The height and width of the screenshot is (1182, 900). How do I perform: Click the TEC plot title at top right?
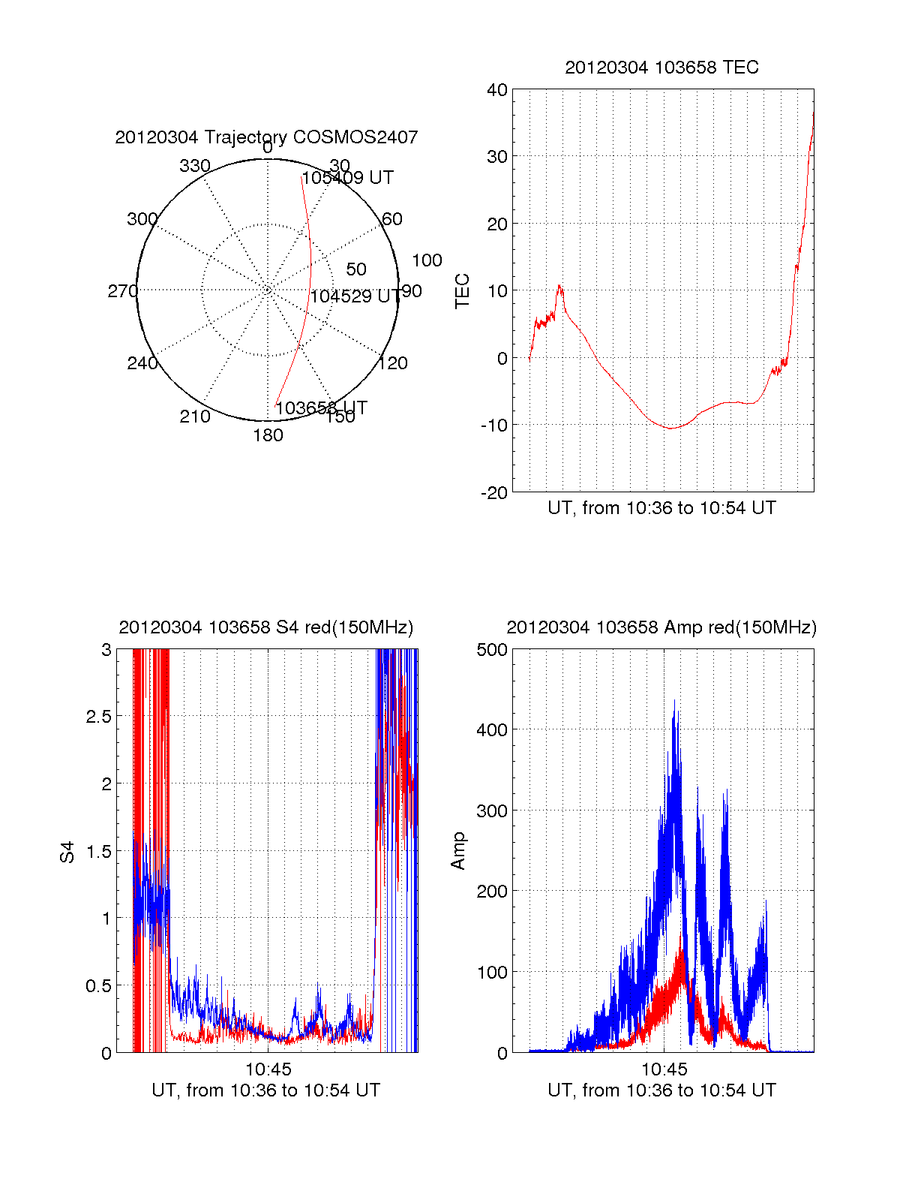661,68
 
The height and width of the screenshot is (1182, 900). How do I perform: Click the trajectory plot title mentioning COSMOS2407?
266,137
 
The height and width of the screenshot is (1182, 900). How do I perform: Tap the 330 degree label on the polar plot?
195,166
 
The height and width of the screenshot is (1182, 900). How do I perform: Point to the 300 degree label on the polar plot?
142,219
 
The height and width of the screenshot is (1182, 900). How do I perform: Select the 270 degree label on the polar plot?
122,291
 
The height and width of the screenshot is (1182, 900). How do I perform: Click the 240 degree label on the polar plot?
142,364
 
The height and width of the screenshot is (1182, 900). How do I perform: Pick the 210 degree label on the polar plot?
195,417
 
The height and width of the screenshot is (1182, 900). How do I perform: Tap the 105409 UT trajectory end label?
347,178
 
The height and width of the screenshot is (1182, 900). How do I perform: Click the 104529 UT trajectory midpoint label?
355,296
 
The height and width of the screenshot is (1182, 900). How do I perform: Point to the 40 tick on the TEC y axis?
497,90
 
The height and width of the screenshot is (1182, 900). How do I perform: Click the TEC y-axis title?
463,291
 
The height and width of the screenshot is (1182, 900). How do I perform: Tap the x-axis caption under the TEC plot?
661,508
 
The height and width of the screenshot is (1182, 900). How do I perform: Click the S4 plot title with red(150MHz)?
266,627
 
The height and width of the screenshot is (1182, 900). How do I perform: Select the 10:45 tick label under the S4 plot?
268,1069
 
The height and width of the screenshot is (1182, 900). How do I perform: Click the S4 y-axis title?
67,852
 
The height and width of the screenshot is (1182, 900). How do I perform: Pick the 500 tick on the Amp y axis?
492,650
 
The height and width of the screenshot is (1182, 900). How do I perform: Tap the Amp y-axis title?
458,851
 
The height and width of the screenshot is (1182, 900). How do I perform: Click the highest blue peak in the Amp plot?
674,701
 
